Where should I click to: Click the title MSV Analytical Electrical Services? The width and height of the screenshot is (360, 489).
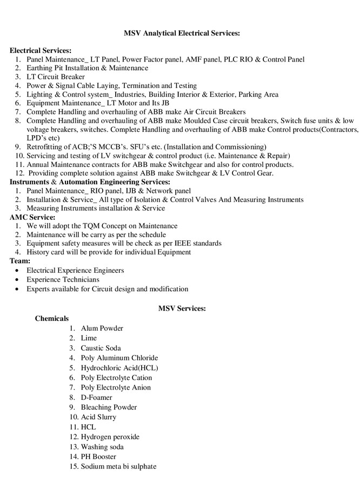tap(182, 33)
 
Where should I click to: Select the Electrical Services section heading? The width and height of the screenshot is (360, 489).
tap(41, 50)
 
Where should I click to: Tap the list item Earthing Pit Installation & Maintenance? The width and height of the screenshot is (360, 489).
tap(87, 68)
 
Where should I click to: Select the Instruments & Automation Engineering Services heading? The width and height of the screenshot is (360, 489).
tap(90, 182)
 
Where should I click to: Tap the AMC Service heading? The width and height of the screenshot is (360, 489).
tap(32, 217)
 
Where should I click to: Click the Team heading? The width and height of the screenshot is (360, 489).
tap(20, 261)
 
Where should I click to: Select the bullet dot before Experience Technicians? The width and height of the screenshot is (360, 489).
tap(19, 280)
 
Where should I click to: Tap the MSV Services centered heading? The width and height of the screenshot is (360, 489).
tap(182, 309)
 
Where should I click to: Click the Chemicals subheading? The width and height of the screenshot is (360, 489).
tap(52, 318)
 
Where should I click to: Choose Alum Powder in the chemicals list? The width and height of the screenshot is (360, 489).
tap(102, 329)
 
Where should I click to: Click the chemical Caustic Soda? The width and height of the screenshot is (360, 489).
tap(101, 348)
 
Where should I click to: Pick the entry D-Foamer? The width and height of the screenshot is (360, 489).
tap(97, 397)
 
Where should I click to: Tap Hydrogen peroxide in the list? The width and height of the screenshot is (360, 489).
tap(110, 437)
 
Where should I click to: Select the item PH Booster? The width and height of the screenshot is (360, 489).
tap(98, 457)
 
